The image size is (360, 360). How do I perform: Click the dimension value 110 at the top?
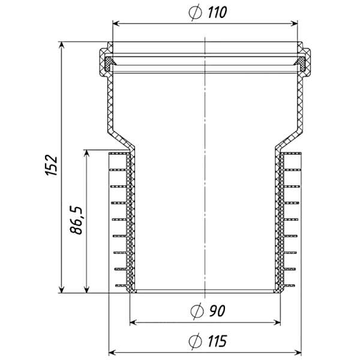click(x=217, y=13)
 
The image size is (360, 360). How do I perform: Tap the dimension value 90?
click(x=217, y=311)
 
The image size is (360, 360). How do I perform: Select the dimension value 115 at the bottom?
click(x=217, y=341)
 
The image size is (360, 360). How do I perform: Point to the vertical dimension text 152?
click(x=51, y=166)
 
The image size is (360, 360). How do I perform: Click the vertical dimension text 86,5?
click(x=76, y=220)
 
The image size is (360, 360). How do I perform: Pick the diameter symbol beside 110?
click(x=196, y=13)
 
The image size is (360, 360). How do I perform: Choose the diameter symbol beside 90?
click(x=197, y=311)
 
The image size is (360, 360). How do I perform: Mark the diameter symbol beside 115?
click(x=196, y=341)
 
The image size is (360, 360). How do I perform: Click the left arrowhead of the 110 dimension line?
click(x=116, y=23)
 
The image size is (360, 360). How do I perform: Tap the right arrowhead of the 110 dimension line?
click(x=294, y=23)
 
